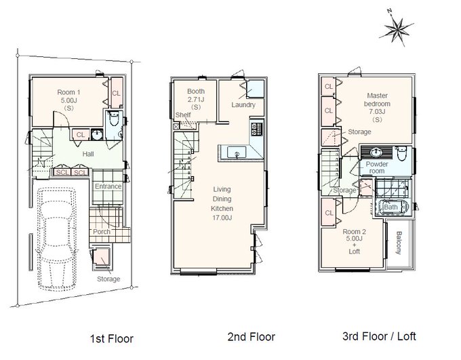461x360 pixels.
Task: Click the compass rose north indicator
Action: pos(397,28)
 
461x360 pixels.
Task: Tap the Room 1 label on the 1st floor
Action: pos(68,92)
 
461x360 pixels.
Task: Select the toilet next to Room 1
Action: pos(113,119)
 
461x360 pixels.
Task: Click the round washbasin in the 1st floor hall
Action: pos(97,135)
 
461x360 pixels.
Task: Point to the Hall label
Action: pos(88,154)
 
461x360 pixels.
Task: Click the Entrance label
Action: pos(108,186)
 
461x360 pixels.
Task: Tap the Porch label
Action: pos(102,231)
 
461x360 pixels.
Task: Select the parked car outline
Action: pos(56,239)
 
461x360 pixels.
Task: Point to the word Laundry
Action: pos(243,104)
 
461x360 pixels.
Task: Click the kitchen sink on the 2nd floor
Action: pos(237,153)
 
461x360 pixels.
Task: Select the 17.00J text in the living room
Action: pos(222,218)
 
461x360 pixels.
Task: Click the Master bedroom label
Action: pos(377,100)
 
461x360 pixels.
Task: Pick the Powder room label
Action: pos(377,167)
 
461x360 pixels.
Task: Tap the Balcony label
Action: pos(399,243)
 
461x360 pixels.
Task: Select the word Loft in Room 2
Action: pos(355,252)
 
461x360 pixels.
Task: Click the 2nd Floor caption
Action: pos(252,337)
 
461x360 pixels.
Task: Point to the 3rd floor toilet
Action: pos(401,153)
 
